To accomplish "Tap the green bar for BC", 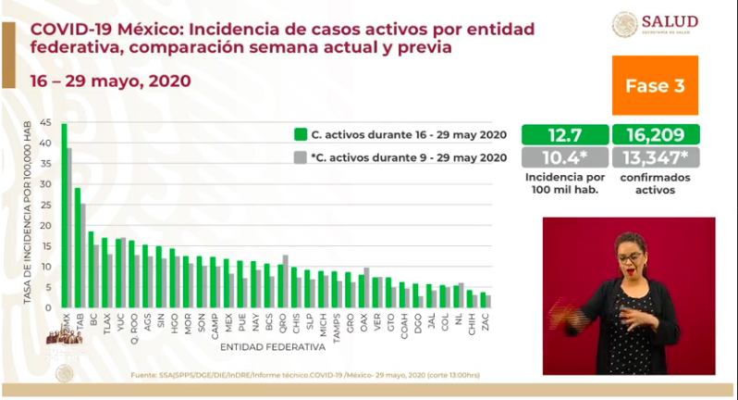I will point(91,269).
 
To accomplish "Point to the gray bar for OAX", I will point(366,287).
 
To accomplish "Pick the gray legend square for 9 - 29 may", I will point(300,157).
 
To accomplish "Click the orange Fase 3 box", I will point(655,85).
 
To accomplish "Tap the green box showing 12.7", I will point(564,134).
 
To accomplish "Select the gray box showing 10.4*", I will point(564,157).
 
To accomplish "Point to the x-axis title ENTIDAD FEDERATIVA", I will point(273,348).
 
